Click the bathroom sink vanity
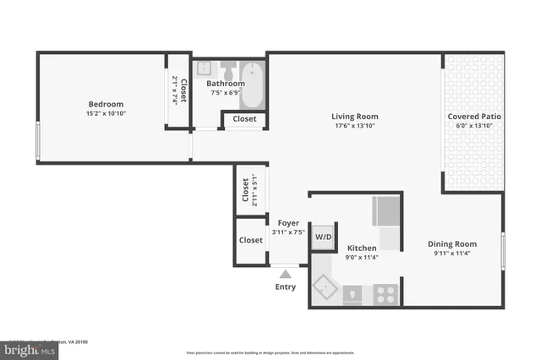[204, 69]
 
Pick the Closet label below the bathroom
[244, 119]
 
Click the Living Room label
[354, 117]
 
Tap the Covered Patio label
[473, 117]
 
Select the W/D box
[324, 237]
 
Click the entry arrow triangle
[286, 274]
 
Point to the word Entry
[286, 287]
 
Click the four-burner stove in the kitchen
[385, 293]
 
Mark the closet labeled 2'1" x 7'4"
[178, 91]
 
